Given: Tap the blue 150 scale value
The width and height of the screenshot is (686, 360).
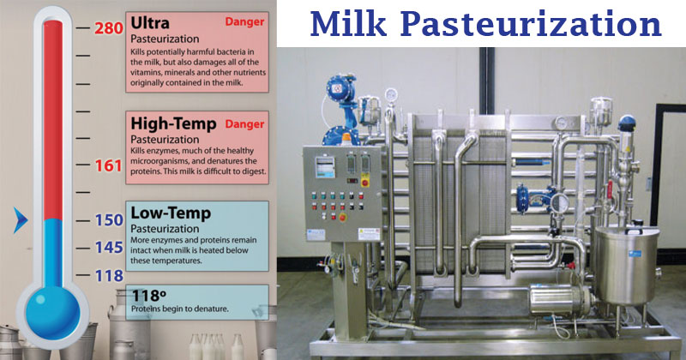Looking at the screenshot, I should point(109,220).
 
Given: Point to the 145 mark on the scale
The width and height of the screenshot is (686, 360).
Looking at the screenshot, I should point(109,248).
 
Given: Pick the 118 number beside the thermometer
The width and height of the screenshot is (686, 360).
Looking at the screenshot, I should point(109,275).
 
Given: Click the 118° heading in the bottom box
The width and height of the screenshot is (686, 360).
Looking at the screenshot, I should point(149,294).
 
